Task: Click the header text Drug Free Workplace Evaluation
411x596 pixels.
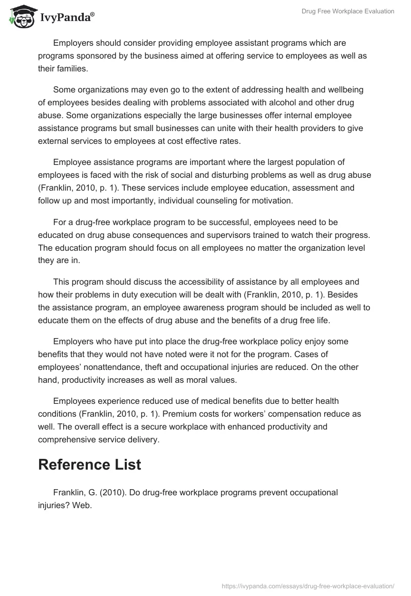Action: pos(347,11)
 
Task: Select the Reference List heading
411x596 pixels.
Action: pos(90,464)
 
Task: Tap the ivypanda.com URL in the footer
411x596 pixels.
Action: pos(308,585)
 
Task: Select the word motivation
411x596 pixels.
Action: pos(273,200)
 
